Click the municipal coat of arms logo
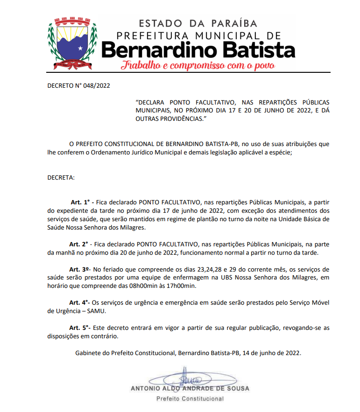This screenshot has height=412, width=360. click(72, 42)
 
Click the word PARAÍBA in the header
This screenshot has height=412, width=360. click(235, 23)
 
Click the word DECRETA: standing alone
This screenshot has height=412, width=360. click(61, 178)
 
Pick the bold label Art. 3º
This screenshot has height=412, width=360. click(79, 269)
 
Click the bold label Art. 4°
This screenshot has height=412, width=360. click(79, 303)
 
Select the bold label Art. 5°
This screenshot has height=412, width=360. click(79, 328)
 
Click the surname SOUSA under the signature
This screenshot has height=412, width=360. click(238, 388)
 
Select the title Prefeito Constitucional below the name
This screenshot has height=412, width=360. click(190, 399)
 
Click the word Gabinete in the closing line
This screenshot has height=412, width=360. click(88, 353)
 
